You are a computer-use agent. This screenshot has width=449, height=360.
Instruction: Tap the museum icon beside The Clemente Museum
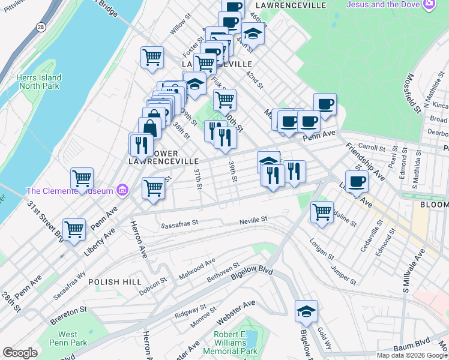pos(122,191)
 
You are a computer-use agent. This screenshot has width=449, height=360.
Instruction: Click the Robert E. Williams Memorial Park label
pos(230,343)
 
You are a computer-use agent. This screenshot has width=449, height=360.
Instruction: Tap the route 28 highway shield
pos(40,28)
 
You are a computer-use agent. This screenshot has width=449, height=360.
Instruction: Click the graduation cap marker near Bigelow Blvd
pos(306,311)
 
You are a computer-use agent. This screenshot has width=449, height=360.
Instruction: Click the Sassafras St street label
pos(180,226)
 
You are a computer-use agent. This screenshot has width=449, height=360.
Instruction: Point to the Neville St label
pos(253,220)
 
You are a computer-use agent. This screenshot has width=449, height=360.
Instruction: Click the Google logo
pos(20,353)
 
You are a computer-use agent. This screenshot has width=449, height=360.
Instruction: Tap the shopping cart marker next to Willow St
pos(152,58)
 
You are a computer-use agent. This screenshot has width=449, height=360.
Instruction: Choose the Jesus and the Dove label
pos(384,5)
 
